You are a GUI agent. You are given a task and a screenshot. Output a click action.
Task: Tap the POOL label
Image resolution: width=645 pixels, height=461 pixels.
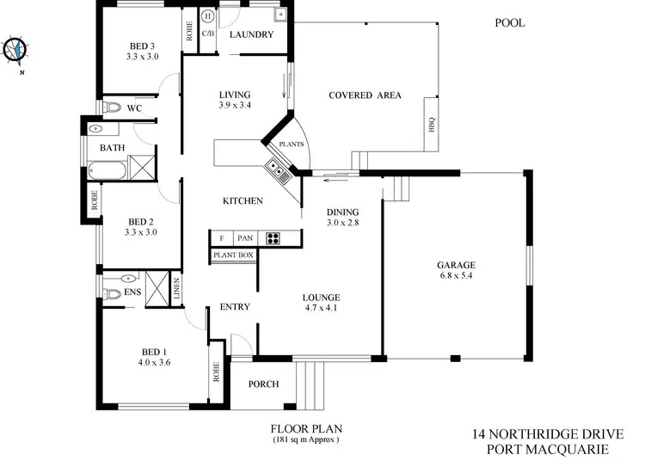tap(508, 23)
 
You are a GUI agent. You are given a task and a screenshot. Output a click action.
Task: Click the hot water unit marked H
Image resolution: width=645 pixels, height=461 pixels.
tap(208, 16)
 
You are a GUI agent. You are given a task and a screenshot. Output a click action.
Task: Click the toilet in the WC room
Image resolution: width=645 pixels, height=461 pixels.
tap(115, 108)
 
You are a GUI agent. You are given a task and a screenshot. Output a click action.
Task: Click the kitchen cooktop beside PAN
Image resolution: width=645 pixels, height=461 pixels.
tap(274, 238)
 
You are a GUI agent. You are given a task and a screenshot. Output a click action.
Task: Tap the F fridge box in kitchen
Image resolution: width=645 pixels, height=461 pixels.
tap(222, 238)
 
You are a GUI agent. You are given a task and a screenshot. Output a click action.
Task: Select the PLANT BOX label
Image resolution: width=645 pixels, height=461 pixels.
tap(232, 255)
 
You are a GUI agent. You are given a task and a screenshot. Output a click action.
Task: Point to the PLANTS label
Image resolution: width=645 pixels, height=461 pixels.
tap(290, 144)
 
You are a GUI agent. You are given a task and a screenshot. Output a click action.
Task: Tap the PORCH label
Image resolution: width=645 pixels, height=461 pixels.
tap(263, 384)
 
